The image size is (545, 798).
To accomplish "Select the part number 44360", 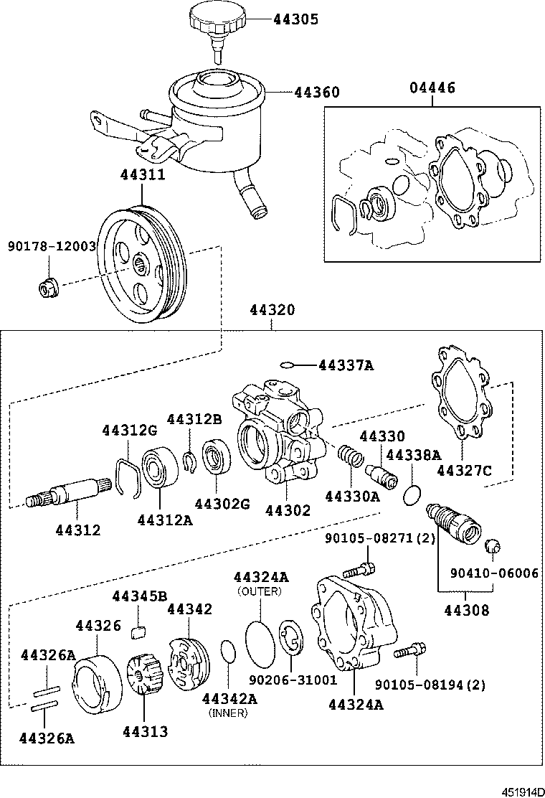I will [316, 93].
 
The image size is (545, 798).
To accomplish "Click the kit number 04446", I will [432, 88].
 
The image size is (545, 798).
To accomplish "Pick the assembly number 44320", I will [272, 310].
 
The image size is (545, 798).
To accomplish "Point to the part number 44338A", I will [413, 455].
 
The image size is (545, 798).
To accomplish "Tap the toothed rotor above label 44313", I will [143, 675].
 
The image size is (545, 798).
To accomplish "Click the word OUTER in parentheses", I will [260, 591].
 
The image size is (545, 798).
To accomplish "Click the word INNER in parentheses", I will [227, 713].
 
